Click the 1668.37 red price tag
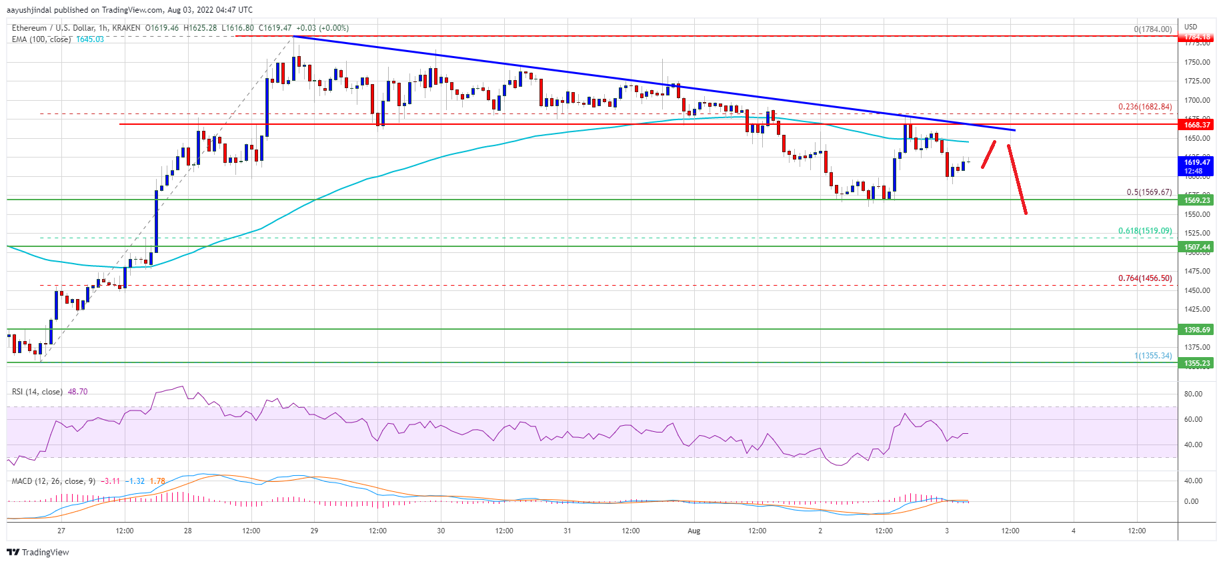[1197, 125]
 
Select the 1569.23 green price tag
[1197, 200]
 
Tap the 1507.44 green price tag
[1197, 247]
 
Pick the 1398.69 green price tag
[1197, 330]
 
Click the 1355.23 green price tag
[1197, 363]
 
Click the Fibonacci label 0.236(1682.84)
[1144, 107]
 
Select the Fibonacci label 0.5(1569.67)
[1148, 192]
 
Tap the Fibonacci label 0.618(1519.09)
[1144, 231]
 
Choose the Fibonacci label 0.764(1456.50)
[1144, 278]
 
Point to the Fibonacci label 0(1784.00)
[1152, 29]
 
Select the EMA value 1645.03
[90, 39]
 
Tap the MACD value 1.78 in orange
[157, 481]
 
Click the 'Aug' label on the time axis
[694, 531]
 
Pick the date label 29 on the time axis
[314, 531]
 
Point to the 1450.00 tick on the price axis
[1197, 290]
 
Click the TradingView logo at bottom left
[38, 552]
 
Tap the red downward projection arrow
[1017, 180]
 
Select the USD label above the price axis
[1190, 27]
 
